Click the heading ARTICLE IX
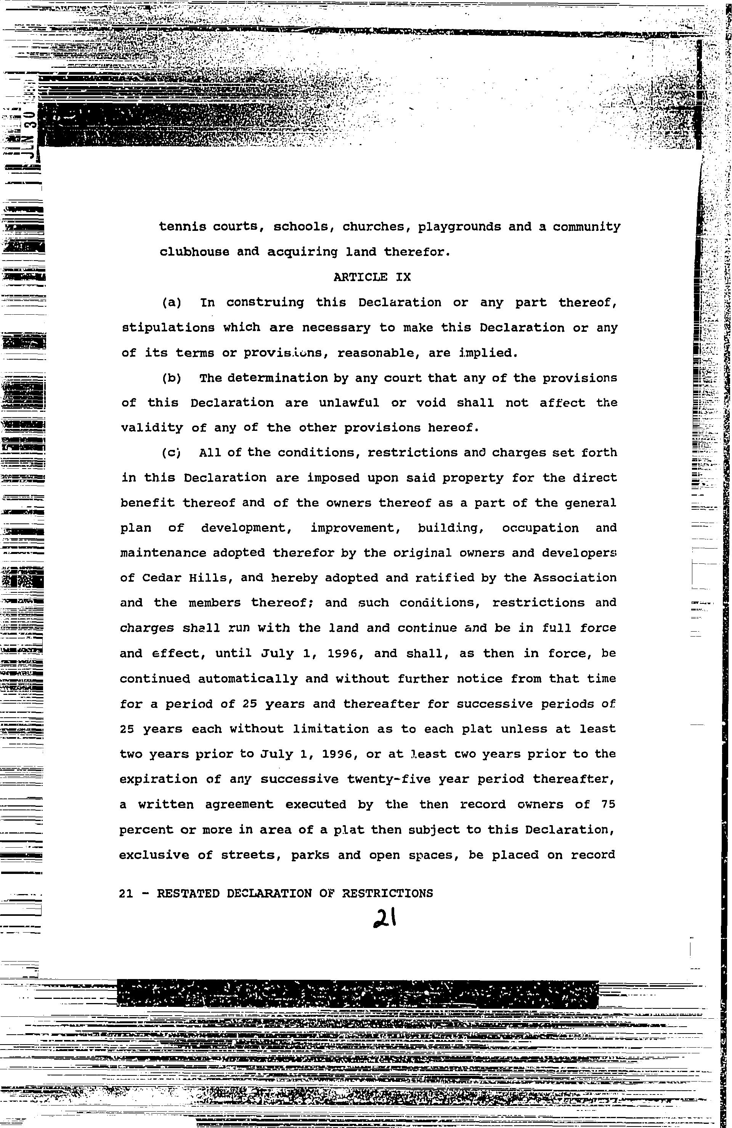coord(372,277)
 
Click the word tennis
coord(183,227)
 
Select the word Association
coord(575,578)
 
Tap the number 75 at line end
coord(608,804)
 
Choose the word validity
coord(152,428)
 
